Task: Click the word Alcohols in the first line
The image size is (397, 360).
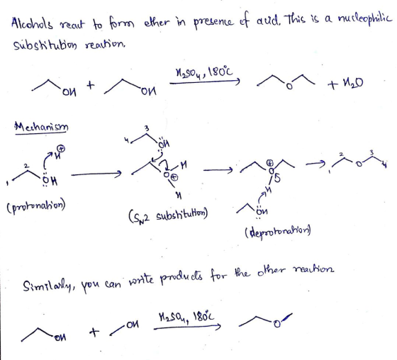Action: click(x=32, y=24)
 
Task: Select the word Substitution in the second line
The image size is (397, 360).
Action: click(x=45, y=45)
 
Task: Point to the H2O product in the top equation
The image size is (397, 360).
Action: click(x=353, y=83)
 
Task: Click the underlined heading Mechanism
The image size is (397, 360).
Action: click(x=41, y=127)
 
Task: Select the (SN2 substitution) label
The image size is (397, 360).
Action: click(x=168, y=216)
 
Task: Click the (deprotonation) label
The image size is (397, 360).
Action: click(x=277, y=232)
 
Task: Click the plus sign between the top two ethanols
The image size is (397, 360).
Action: click(x=91, y=85)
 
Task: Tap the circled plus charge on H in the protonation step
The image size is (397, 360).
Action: click(x=62, y=149)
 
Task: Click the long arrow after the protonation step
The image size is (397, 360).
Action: click(x=96, y=174)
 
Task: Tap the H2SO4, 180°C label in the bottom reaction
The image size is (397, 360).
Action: click(x=186, y=317)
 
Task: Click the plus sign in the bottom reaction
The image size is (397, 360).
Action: click(x=94, y=332)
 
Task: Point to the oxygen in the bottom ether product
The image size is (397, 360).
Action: click(x=277, y=324)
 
